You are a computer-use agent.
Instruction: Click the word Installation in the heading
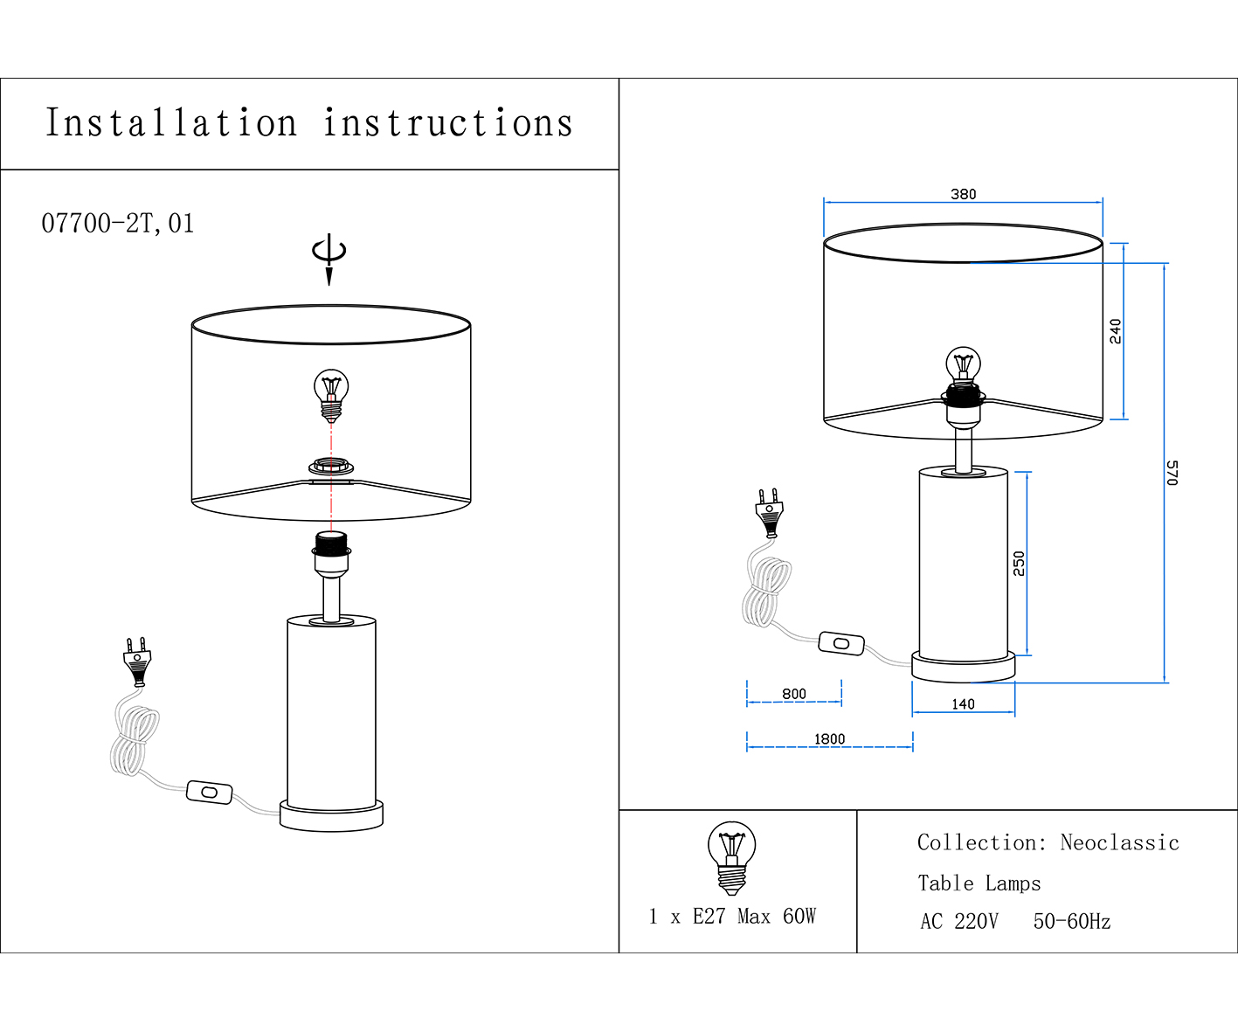[171, 123]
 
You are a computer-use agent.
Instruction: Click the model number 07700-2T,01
[118, 224]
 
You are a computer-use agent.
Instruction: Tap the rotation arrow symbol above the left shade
[329, 254]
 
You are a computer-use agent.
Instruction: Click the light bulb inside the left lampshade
[331, 393]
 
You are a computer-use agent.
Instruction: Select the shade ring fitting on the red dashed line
[331, 468]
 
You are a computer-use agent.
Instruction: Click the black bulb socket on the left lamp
[331, 545]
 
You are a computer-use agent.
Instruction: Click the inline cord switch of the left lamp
[210, 793]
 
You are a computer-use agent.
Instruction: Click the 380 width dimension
[963, 194]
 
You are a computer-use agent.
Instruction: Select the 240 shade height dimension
[1116, 331]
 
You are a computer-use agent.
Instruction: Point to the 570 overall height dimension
[1172, 473]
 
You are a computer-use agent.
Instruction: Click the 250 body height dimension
[1020, 563]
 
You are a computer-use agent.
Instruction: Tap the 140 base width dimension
[963, 704]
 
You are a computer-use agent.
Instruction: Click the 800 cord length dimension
[794, 694]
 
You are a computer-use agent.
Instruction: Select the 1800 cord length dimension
[829, 739]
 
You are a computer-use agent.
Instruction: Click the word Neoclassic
[1119, 843]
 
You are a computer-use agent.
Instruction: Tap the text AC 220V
[958, 922]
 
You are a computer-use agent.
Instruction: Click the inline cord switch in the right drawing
[841, 644]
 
